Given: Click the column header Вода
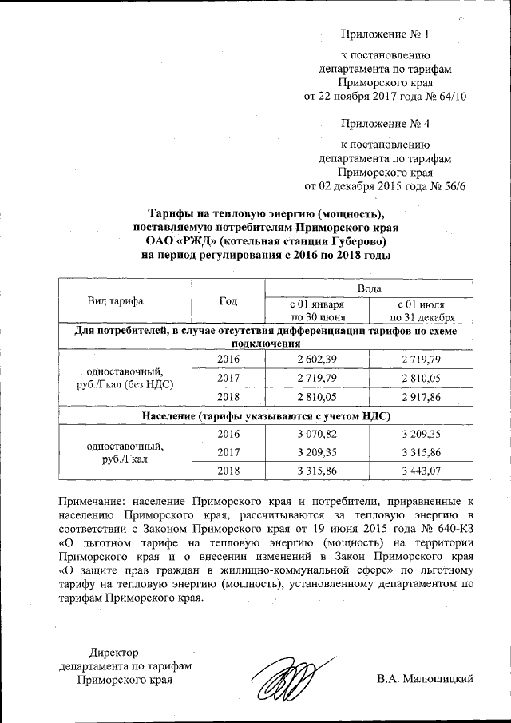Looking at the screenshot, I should click(368, 287).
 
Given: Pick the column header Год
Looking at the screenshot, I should click(228, 300).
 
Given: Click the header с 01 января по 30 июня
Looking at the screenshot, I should click(317, 311).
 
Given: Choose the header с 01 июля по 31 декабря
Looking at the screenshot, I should click(420, 311).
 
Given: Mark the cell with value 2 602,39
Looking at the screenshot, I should click(317, 360).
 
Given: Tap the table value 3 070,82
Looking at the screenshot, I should click(317, 433).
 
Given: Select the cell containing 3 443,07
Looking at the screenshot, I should click(420, 471).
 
